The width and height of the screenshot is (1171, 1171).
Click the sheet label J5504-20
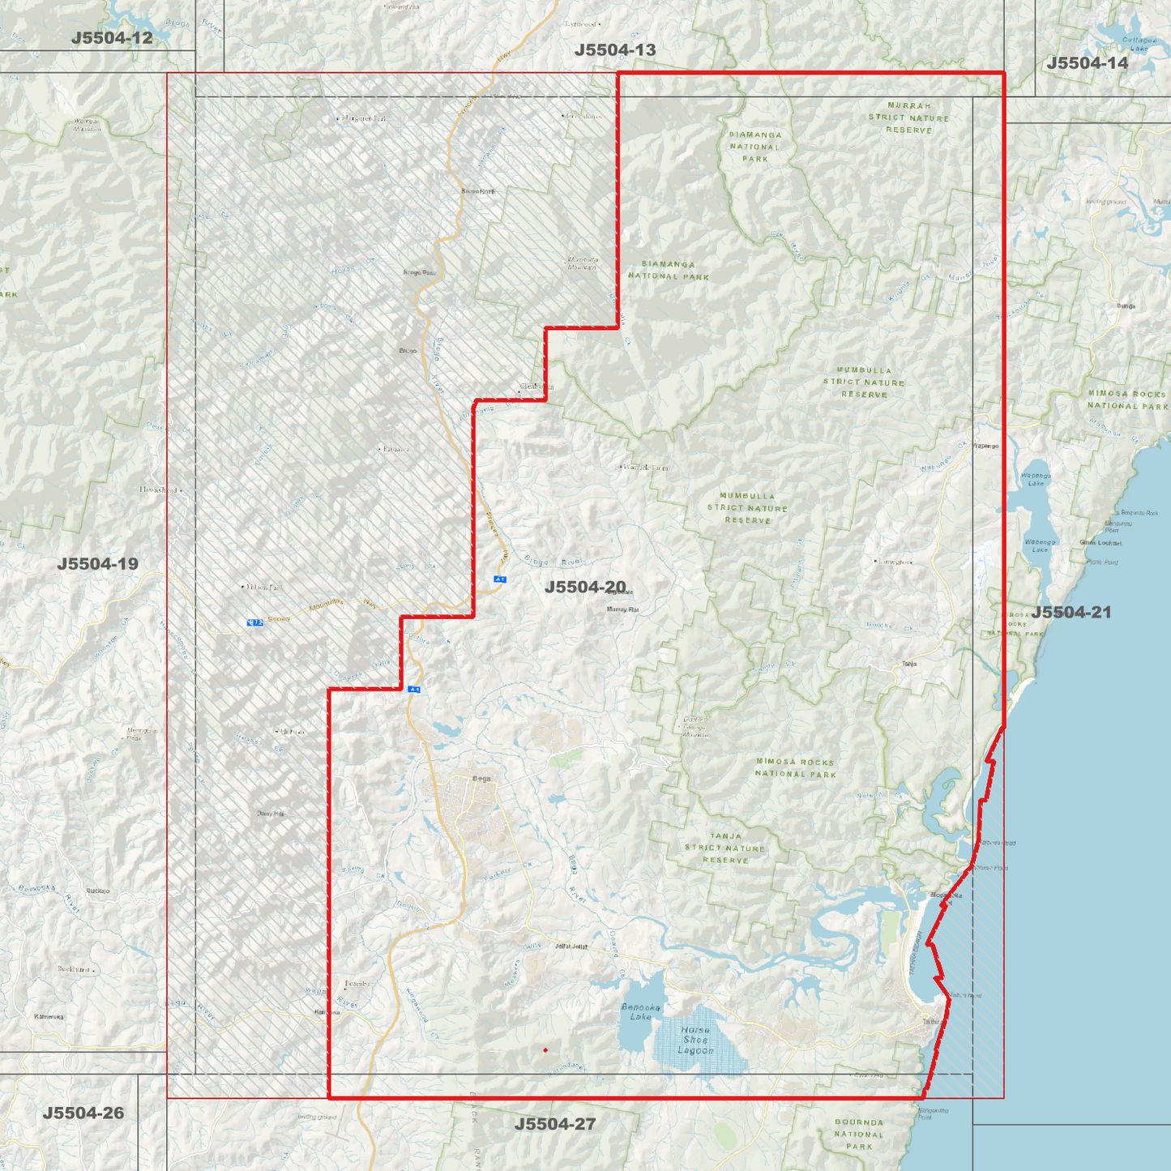584,587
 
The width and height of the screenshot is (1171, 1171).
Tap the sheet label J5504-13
615,50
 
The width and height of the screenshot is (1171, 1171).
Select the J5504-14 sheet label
1087,63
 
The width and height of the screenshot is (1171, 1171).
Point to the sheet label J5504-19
97,564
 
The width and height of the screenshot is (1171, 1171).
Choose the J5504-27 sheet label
555,1124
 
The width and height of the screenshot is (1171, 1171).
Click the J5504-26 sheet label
83,1113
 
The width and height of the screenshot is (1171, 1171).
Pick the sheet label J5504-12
112,38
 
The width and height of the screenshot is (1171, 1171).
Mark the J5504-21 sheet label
1071,612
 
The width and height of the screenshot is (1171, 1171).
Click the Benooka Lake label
640,1011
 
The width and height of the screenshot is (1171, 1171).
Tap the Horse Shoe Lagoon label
695,1040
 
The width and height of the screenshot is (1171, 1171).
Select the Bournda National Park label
859,1134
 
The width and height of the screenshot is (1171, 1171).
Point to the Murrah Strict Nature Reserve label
908,118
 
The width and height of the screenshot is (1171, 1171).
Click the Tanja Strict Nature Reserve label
725,848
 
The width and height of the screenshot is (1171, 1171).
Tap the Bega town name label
481,779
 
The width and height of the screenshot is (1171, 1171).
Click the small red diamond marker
545,1050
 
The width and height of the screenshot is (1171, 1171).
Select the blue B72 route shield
254,622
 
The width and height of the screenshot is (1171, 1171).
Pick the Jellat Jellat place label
571,946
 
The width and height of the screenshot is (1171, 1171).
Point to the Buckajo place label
97,891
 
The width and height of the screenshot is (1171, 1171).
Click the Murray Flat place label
622,609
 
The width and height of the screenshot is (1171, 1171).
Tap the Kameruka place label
49,1016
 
